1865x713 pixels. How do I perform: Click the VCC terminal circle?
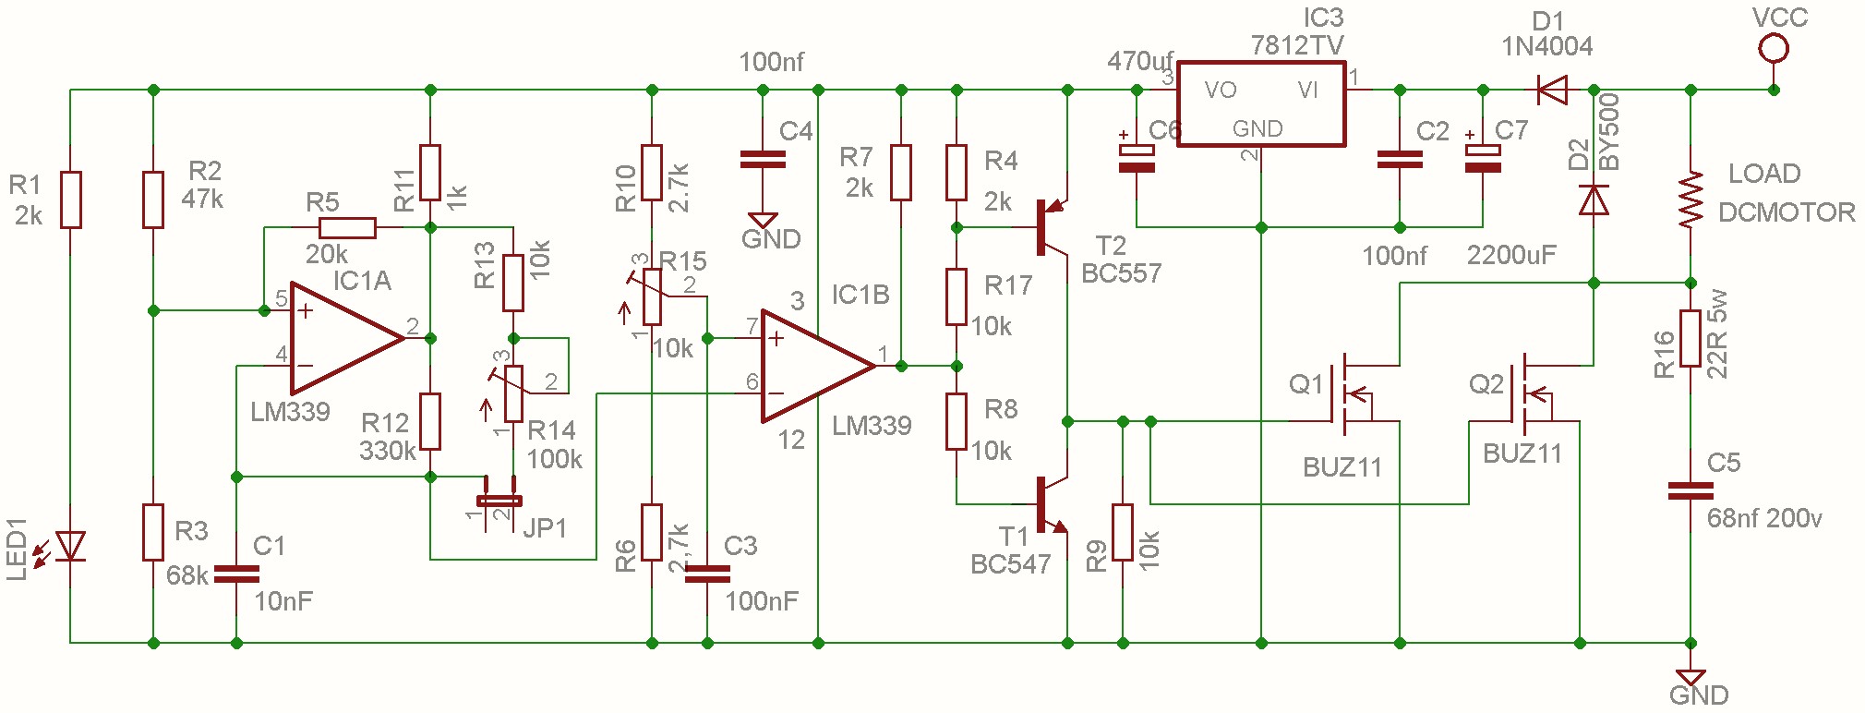[1774, 47]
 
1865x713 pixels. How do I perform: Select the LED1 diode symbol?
[70, 546]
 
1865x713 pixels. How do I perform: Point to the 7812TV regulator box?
[1261, 103]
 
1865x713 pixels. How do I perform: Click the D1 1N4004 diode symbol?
[1552, 90]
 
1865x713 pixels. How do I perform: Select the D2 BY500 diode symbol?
[1594, 199]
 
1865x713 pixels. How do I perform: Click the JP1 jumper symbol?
[499, 502]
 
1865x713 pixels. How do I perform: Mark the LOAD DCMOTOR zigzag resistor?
[1691, 199]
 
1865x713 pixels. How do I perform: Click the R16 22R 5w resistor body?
[1691, 339]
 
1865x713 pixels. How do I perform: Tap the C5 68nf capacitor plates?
[1691, 491]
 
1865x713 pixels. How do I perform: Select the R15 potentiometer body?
[652, 296]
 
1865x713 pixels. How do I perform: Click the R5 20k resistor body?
[347, 227]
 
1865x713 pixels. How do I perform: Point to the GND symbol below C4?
[763, 221]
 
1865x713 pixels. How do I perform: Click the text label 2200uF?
[1511, 255]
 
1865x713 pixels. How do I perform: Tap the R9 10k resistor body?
[1123, 532]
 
